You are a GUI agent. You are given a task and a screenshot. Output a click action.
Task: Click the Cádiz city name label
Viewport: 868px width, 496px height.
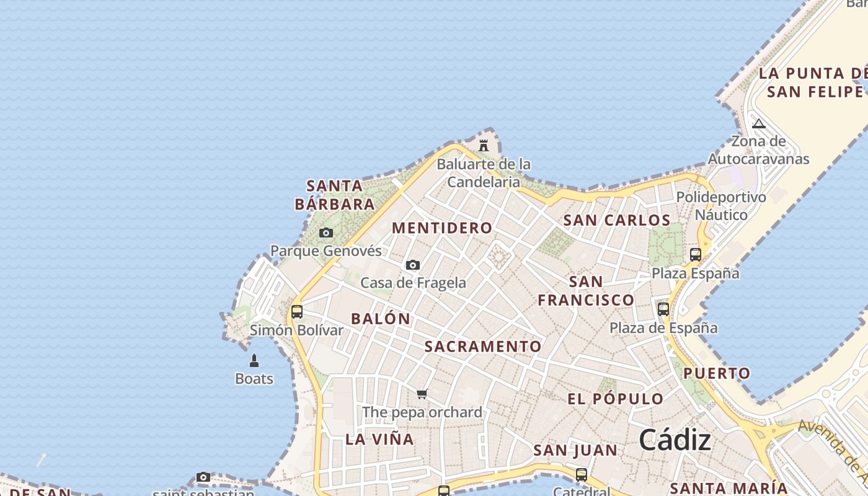[x=675, y=440]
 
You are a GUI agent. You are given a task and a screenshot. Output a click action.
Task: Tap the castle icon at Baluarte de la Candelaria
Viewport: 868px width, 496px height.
[x=484, y=145]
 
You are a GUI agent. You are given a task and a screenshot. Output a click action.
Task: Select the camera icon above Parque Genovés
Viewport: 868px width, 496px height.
[x=326, y=233]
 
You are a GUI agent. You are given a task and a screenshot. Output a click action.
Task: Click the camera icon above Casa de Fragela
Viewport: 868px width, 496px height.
[x=413, y=265]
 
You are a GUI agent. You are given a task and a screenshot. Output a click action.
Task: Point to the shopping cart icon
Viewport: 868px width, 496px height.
[x=422, y=394]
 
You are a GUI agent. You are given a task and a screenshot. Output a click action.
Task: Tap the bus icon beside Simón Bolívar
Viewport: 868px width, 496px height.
[x=297, y=311]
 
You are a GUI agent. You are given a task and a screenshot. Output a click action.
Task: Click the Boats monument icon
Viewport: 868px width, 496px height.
[x=254, y=360]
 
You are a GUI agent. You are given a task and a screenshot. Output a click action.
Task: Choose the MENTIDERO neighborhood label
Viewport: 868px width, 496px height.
[x=442, y=228]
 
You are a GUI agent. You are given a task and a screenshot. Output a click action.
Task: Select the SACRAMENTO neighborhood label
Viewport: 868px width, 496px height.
[x=483, y=347]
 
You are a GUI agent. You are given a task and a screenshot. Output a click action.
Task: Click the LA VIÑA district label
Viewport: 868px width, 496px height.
[x=379, y=440]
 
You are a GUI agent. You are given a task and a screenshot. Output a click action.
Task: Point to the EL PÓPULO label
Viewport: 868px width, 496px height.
[x=616, y=399]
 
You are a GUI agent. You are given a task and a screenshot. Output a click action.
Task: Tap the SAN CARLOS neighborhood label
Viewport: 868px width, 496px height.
[x=617, y=220]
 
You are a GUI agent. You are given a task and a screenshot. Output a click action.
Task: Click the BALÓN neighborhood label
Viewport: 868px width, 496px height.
[x=381, y=319]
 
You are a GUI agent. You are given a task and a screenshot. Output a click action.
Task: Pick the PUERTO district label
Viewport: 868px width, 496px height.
[x=717, y=373]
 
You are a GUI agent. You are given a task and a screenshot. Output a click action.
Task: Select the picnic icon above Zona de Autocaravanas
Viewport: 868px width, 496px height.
[x=759, y=123]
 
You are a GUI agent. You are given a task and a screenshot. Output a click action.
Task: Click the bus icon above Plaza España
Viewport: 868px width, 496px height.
[x=696, y=255]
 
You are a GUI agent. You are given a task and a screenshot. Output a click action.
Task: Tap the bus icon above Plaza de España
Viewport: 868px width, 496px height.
[x=663, y=309]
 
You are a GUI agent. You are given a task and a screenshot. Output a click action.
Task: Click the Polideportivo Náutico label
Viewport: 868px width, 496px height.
[x=721, y=206]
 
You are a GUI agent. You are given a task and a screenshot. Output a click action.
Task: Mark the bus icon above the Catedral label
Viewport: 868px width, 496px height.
[x=582, y=475]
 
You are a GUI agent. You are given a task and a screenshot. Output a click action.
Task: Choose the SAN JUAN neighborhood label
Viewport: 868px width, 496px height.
[x=575, y=451]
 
